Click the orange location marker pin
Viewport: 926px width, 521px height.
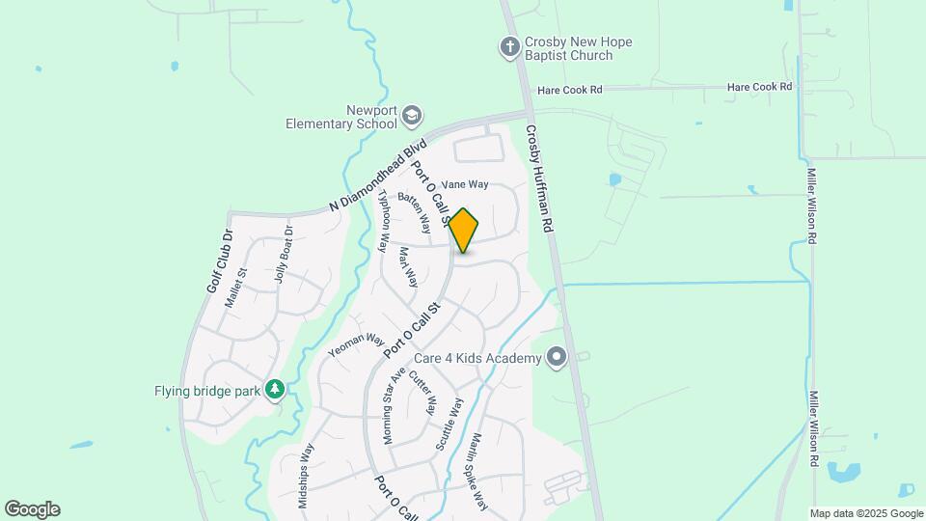pyautogui.click(x=464, y=230)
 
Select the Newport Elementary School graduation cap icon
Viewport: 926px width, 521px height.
pyautogui.click(x=412, y=116)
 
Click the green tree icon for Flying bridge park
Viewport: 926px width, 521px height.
pyautogui.click(x=275, y=389)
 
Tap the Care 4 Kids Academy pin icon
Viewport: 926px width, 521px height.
pyautogui.click(x=557, y=358)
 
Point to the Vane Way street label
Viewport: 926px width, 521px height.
pyautogui.click(x=465, y=184)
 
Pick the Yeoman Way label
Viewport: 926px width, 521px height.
pyautogui.click(x=356, y=346)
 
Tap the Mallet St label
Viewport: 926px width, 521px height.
pyautogui.click(x=236, y=287)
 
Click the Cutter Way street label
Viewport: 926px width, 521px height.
pyautogui.click(x=422, y=391)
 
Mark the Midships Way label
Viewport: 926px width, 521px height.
pyautogui.click(x=306, y=475)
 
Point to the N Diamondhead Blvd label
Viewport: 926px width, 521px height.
pyautogui.click(x=377, y=176)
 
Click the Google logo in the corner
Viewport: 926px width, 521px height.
pyautogui.click(x=32, y=509)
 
